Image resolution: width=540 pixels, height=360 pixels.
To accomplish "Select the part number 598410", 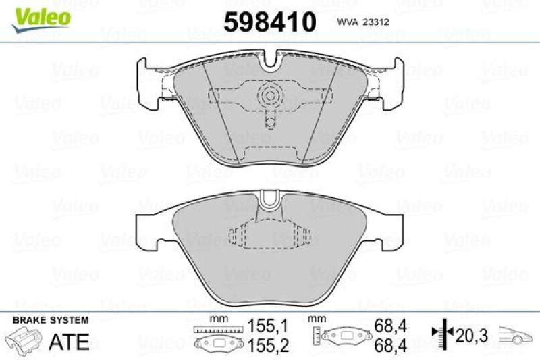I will point(269,22).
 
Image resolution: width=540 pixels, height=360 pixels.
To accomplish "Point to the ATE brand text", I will point(70,342).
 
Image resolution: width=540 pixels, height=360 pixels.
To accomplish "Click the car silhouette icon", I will point(517,335).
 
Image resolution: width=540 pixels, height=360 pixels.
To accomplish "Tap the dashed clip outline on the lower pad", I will point(270,237).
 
